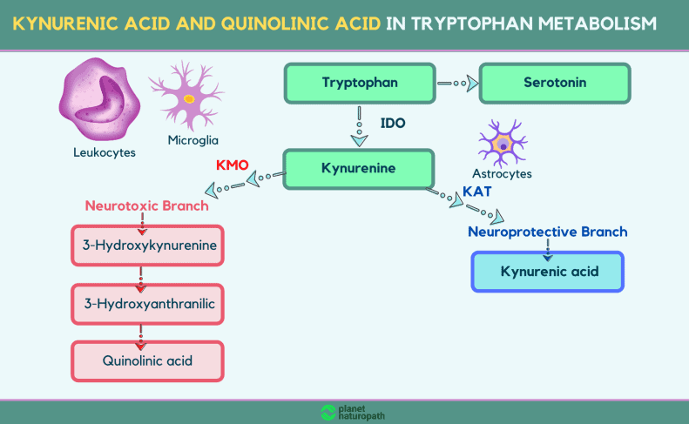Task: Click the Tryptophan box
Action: [x=360, y=83]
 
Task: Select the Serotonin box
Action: [x=555, y=83]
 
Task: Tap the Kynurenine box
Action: [x=359, y=169]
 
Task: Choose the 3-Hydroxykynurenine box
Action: [x=148, y=246]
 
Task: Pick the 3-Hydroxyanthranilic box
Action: [x=148, y=304]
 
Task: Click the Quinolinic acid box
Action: [x=148, y=361]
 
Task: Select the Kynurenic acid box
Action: [x=548, y=272]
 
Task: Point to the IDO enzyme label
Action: [x=393, y=124]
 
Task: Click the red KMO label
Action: [x=233, y=165]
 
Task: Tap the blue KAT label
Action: [x=477, y=192]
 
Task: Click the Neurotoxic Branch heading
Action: [x=146, y=205]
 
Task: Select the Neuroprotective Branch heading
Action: [x=548, y=232]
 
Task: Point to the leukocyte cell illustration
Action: [x=100, y=99]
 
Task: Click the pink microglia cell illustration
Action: [x=187, y=96]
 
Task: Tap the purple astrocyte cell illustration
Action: [x=503, y=144]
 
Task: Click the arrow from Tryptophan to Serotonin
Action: [x=457, y=83]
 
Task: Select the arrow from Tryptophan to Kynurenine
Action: [x=360, y=126]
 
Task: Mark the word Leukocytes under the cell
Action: [x=105, y=152]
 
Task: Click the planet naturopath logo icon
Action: [x=328, y=413]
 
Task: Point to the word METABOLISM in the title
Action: [x=598, y=24]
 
